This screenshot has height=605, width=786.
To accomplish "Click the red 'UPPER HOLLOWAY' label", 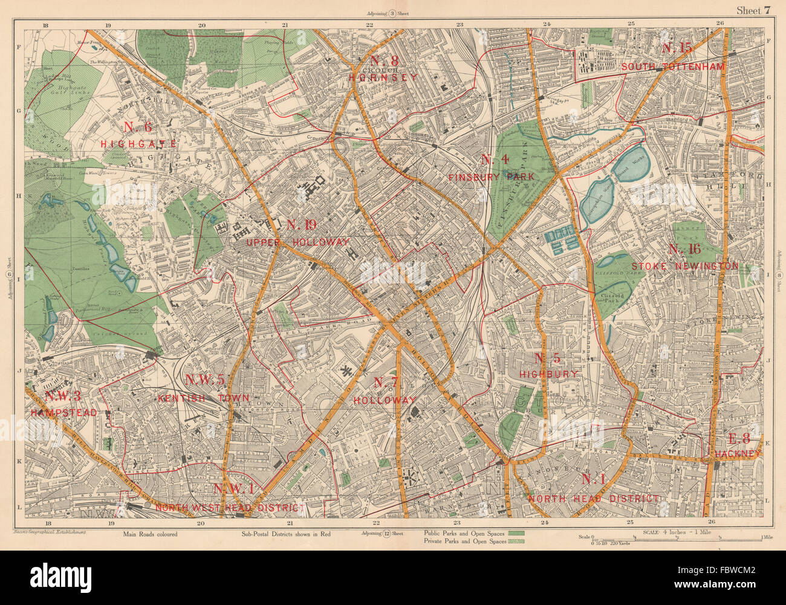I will (298, 242).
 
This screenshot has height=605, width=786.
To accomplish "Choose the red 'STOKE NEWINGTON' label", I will (684, 265).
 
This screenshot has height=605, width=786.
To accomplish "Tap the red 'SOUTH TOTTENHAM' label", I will (673, 67).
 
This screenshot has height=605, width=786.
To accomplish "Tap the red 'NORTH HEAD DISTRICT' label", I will (594, 499).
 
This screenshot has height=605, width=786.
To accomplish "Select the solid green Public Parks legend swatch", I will (516, 533).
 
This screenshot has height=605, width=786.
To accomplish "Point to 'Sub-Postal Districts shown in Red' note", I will (286, 534).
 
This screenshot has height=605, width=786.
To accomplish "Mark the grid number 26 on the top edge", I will (719, 24).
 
